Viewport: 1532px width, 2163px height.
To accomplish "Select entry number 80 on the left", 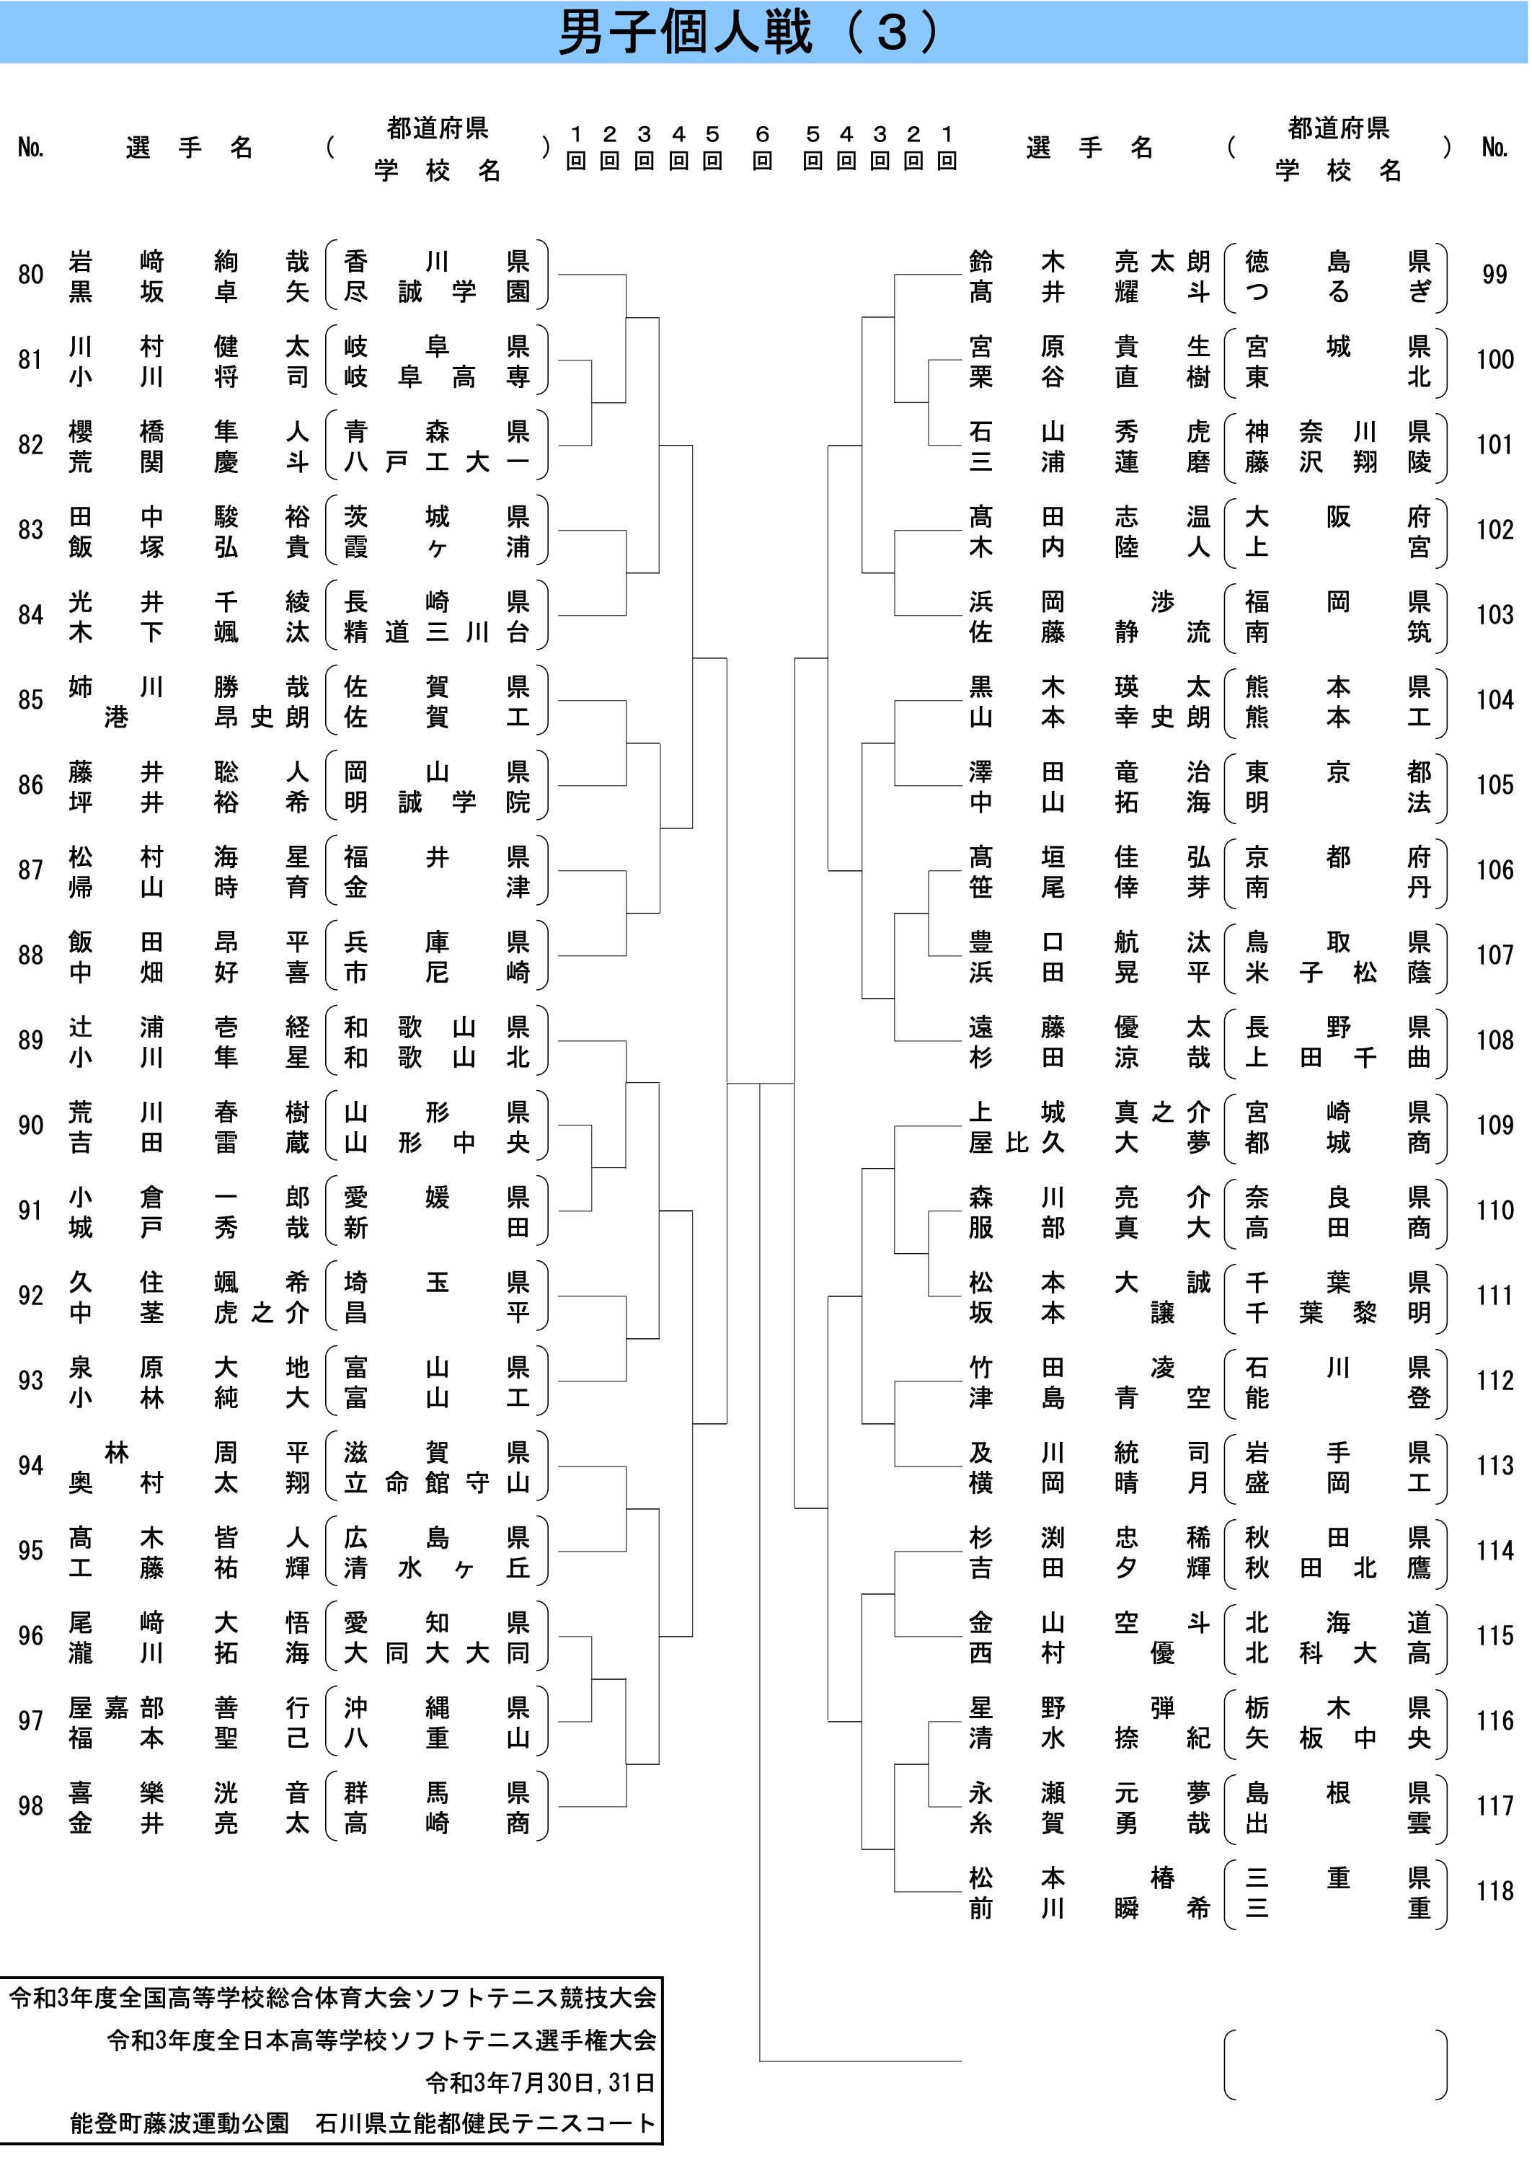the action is [30, 275].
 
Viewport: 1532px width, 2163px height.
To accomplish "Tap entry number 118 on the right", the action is [1495, 1890].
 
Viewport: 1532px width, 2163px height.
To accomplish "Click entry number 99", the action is [1495, 275].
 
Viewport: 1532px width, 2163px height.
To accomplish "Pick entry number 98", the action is [30, 1805].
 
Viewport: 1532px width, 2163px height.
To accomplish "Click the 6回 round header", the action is [762, 147].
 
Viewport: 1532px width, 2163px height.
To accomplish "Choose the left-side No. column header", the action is [30, 147].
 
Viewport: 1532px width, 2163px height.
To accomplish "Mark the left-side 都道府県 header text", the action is [437, 128].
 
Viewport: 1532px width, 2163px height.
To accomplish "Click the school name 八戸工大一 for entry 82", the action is [437, 461].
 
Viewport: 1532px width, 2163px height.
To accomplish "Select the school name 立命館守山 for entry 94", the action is [437, 1483].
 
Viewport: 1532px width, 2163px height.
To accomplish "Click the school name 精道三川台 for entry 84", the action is [437, 632].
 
